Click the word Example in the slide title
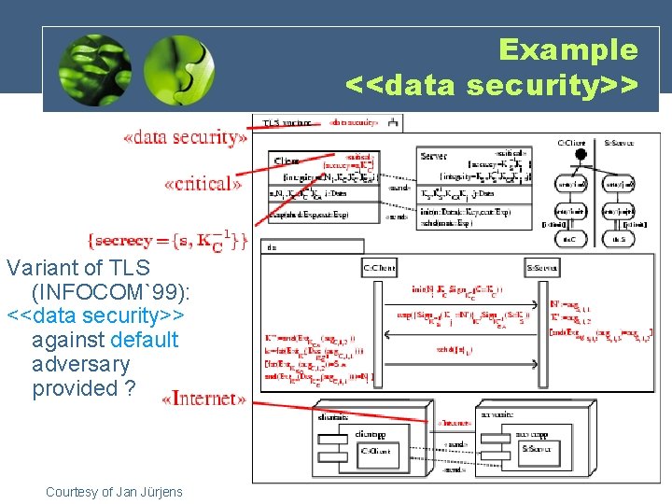coord(567,49)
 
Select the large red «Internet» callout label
coord(203,399)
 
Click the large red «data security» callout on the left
coord(186,138)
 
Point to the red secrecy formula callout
coord(168,242)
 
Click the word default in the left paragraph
coord(144,340)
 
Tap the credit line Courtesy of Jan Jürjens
coord(114,492)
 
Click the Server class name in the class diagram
coord(433,156)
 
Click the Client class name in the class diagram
coord(287,161)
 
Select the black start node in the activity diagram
coord(580,155)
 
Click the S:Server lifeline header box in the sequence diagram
coord(542,269)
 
